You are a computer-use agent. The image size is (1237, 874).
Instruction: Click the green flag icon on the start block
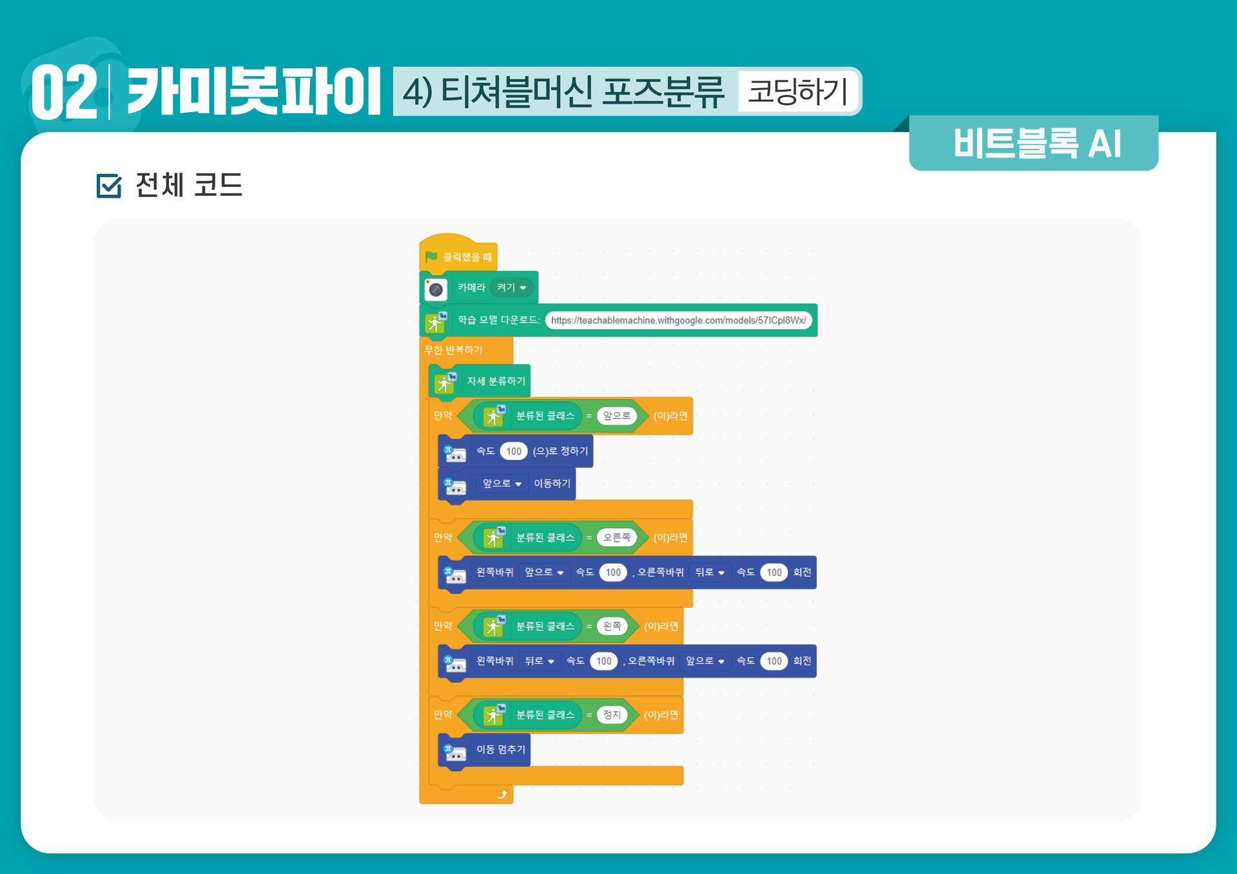[431, 257]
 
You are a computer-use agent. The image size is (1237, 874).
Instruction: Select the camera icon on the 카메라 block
[436, 289]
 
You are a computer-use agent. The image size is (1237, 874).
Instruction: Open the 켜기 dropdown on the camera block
[512, 288]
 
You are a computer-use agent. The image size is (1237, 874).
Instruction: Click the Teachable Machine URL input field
[678, 320]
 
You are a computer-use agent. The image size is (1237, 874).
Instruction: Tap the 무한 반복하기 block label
[453, 350]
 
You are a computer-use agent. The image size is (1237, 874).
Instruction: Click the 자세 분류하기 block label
[496, 381]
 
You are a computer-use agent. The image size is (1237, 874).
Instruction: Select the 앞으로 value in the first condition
[617, 416]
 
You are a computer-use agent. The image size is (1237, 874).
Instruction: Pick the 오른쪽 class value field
[617, 538]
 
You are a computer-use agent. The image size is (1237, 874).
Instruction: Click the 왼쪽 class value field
[612, 626]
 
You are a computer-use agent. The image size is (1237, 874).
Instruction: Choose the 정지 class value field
[612, 715]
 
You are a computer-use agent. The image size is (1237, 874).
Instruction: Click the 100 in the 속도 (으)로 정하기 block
[514, 451]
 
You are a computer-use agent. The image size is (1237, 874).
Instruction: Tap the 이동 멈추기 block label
[501, 750]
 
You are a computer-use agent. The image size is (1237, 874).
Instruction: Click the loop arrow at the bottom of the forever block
[502, 795]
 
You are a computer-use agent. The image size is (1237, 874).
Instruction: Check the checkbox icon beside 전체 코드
[108, 186]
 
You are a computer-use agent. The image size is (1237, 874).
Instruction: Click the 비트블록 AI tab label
[1037, 144]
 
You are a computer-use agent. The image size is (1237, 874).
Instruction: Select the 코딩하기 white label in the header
[797, 91]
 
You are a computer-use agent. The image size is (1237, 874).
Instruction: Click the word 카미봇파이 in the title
[254, 92]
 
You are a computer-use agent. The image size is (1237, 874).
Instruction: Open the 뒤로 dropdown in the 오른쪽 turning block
[710, 573]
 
